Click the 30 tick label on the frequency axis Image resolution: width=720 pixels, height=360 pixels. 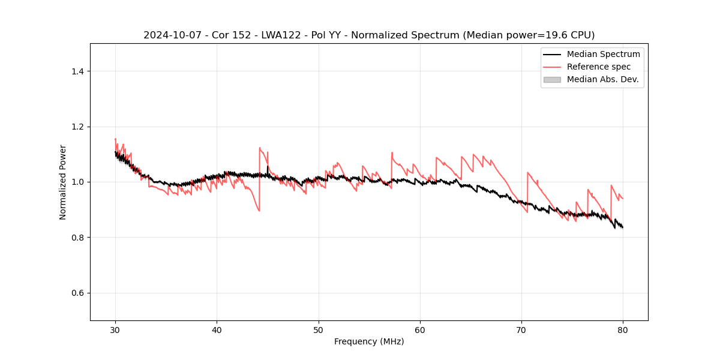coord(115,329)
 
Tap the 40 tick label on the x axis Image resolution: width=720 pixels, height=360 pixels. coord(217,329)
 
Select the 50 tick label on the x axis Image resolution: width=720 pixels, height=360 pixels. coord(318,329)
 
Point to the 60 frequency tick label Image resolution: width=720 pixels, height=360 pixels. coord(420,329)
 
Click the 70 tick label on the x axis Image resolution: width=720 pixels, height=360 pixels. coord(521,329)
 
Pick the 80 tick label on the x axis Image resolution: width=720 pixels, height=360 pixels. coord(623,329)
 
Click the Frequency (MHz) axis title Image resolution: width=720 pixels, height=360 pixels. coord(369,341)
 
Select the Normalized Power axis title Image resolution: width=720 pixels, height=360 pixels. coord(63,182)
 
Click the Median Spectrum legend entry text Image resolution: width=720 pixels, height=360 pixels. coord(603,54)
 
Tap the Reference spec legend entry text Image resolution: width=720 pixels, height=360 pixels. coord(598,67)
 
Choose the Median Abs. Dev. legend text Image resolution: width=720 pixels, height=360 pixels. coord(602,79)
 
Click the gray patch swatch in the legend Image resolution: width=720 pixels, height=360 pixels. coord(552,79)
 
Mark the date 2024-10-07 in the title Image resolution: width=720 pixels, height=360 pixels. coord(168,35)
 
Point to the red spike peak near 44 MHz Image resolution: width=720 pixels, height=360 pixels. coord(260,148)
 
